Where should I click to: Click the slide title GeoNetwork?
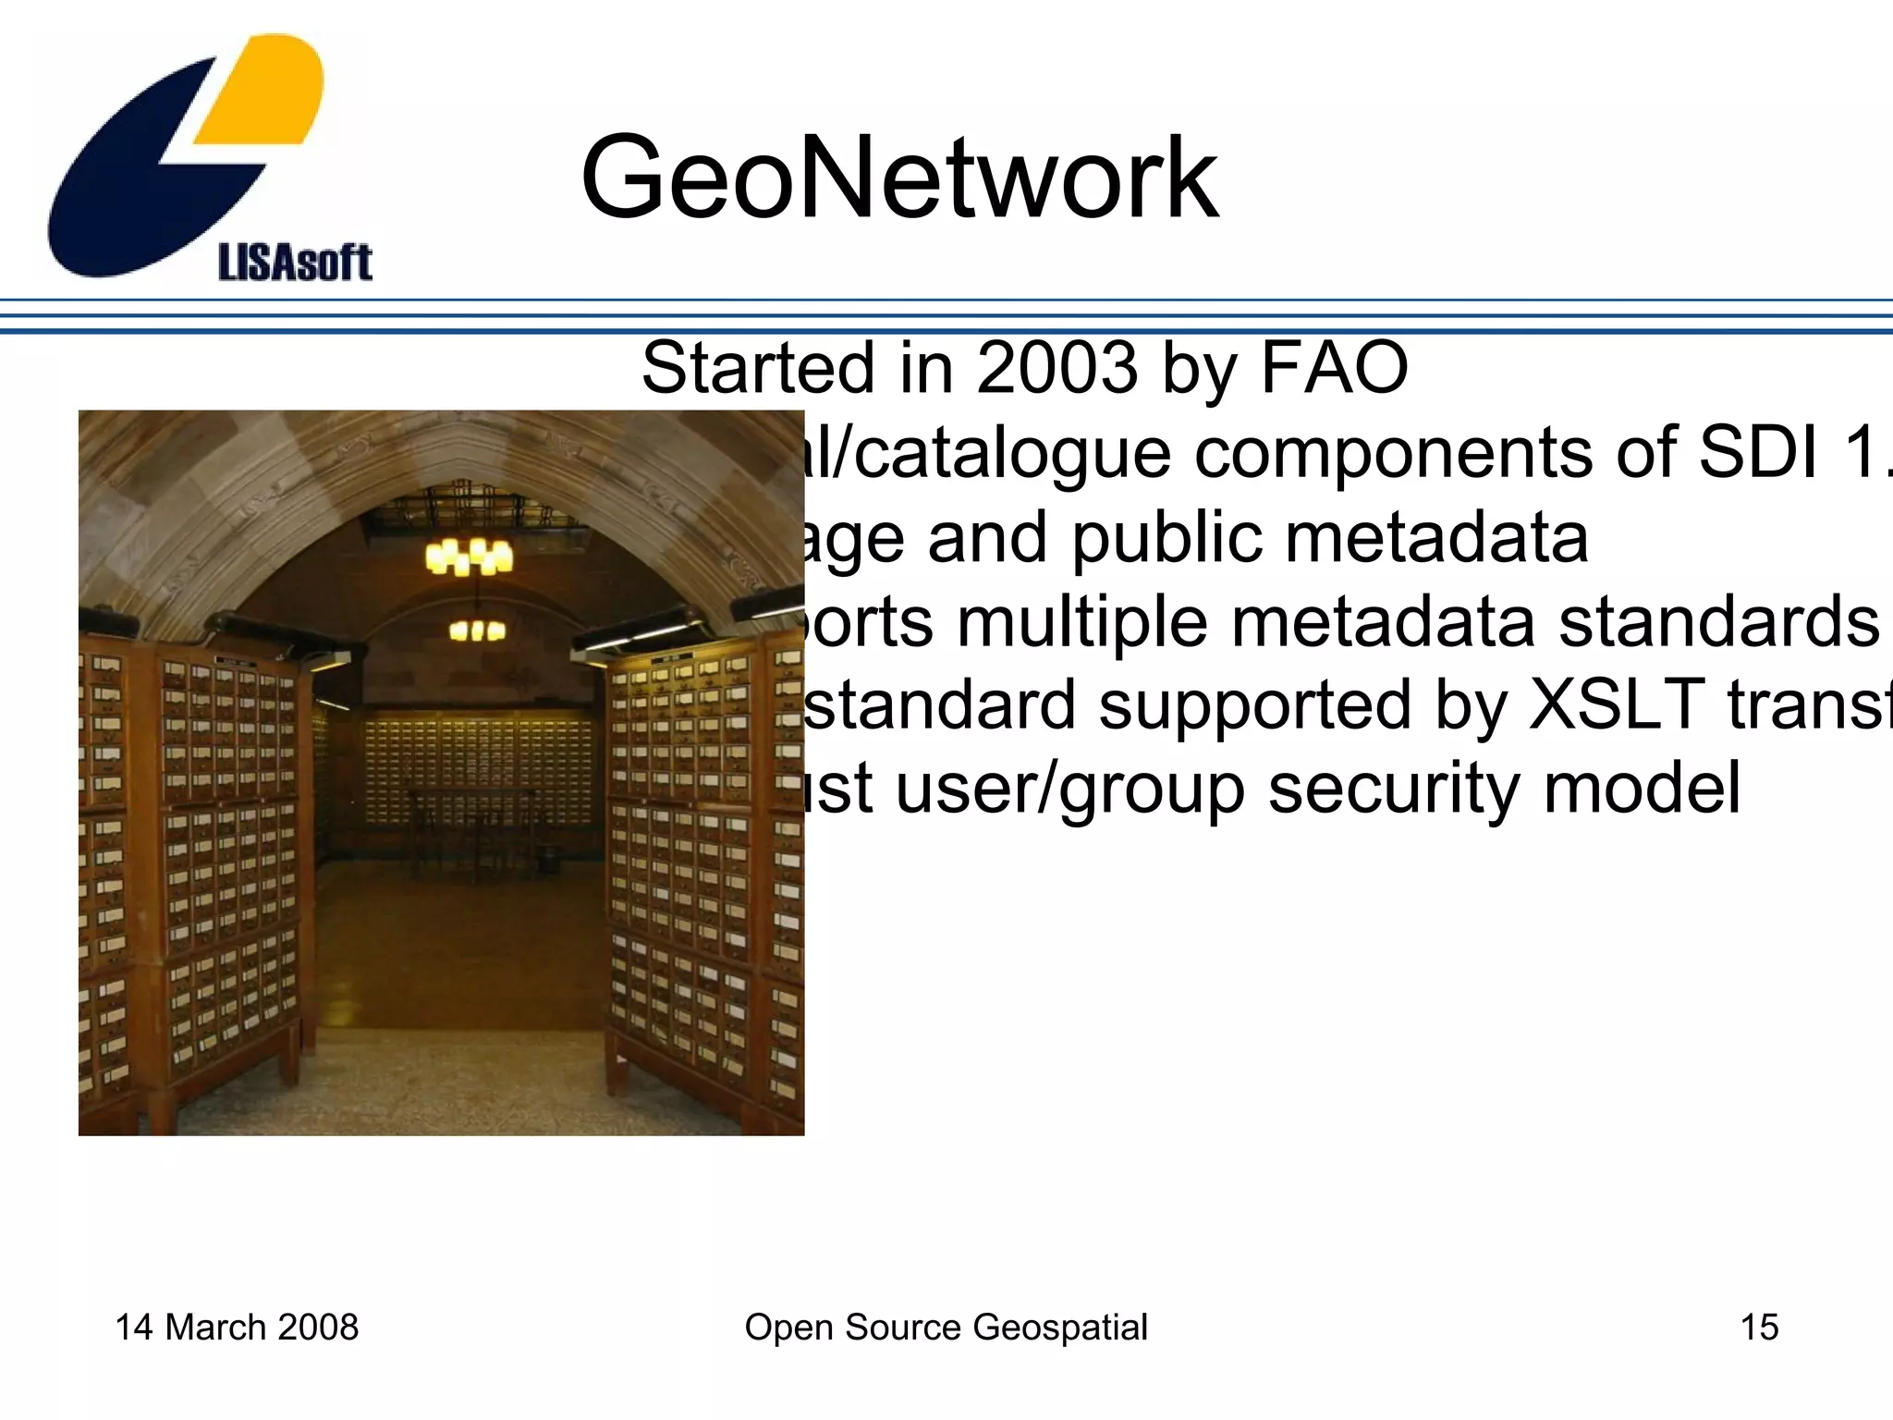(x=898, y=177)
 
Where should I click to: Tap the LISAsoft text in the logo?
(x=294, y=263)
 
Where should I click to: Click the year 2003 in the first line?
(x=1056, y=368)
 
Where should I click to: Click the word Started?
(x=758, y=368)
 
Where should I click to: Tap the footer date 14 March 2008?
(x=237, y=1328)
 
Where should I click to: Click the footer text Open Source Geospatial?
(x=946, y=1328)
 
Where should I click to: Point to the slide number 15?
(x=1759, y=1328)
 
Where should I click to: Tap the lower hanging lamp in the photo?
(x=477, y=631)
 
